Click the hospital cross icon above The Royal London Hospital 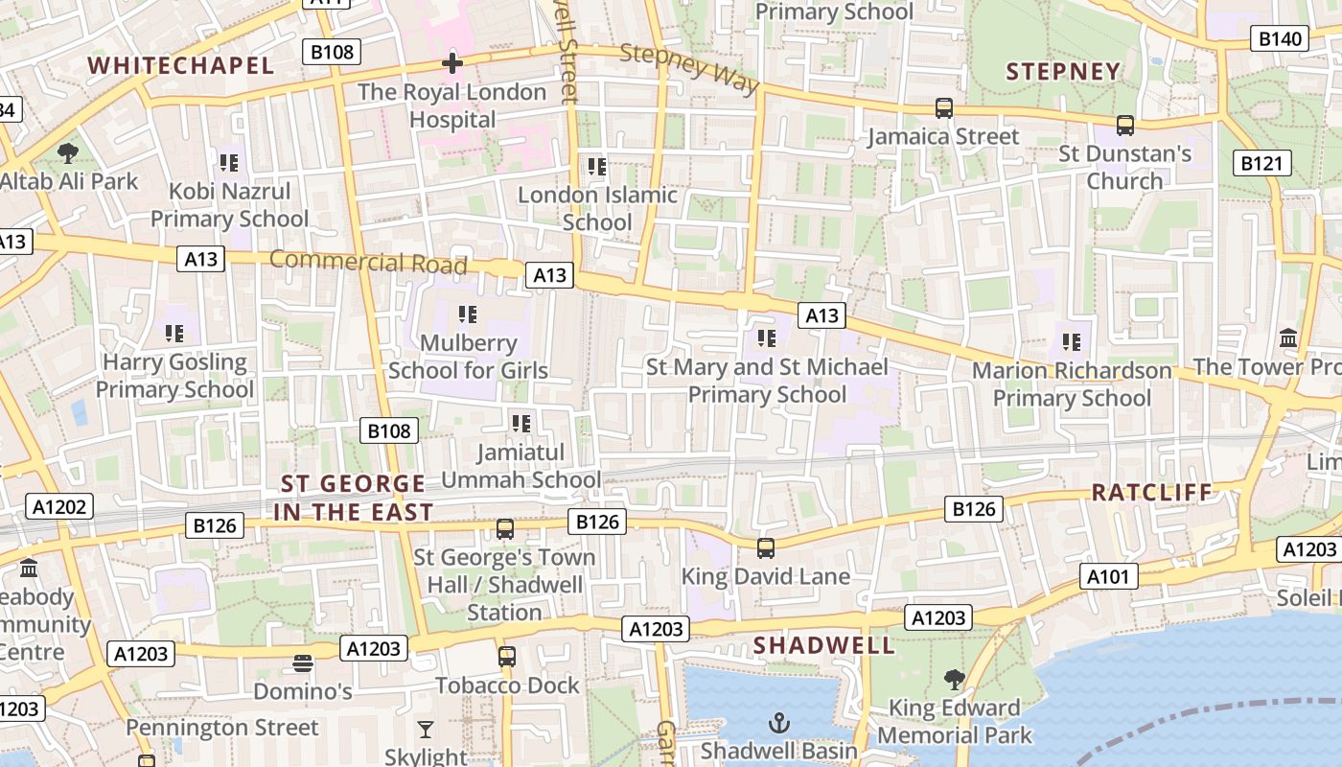click(x=451, y=64)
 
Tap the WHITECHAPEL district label click(x=181, y=66)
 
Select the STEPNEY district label click(x=1063, y=72)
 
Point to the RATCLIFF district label click(x=1152, y=493)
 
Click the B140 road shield click(x=1280, y=39)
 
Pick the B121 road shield click(x=1261, y=164)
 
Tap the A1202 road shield click(x=59, y=507)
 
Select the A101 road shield click(x=1109, y=576)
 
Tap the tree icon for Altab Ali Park click(x=68, y=152)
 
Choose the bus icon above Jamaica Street click(x=944, y=108)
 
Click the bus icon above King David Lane click(x=765, y=548)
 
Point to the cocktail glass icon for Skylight click(x=426, y=730)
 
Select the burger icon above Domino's click(x=303, y=663)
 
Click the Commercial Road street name click(x=368, y=261)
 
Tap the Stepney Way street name click(x=689, y=67)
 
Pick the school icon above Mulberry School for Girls click(x=468, y=314)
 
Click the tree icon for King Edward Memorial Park click(x=954, y=680)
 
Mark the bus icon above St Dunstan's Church click(x=1124, y=126)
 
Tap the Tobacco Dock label click(x=507, y=686)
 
